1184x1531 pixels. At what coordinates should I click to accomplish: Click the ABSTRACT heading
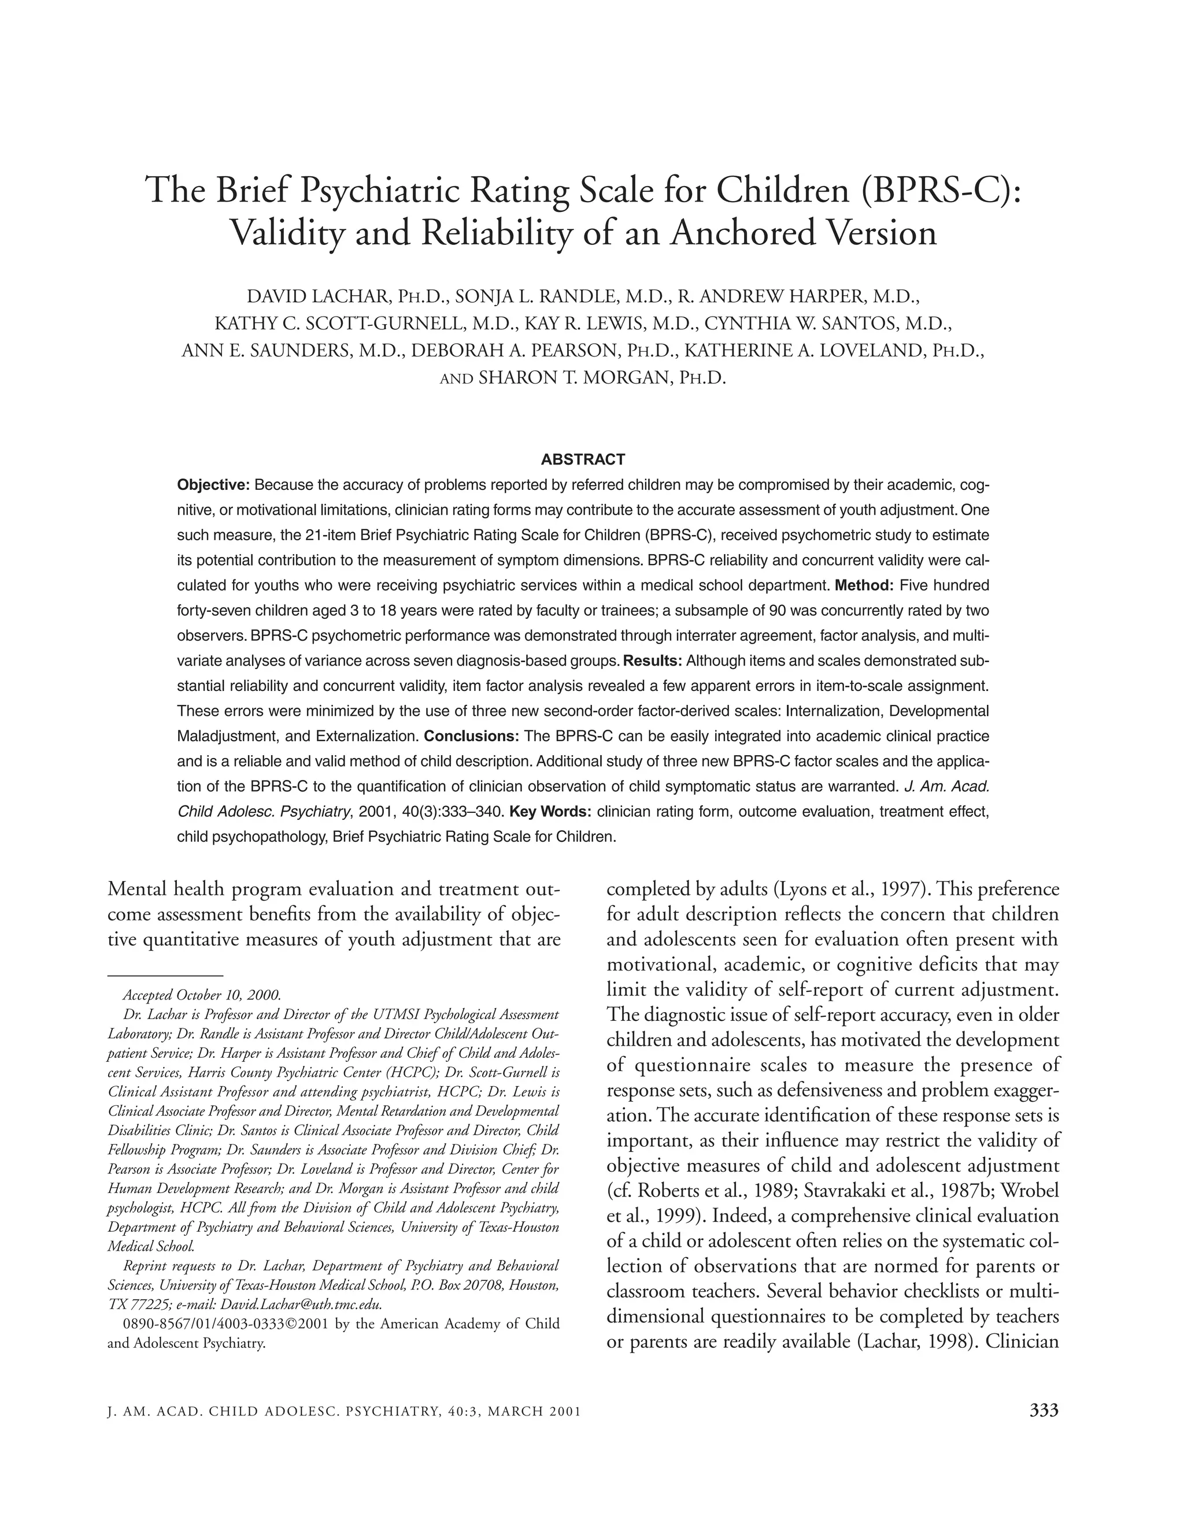(x=583, y=460)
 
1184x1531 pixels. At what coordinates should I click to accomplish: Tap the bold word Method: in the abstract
(x=864, y=585)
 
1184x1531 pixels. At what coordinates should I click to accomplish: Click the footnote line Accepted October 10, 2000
(x=202, y=995)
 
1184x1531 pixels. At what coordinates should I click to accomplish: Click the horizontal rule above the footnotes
(x=165, y=975)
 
